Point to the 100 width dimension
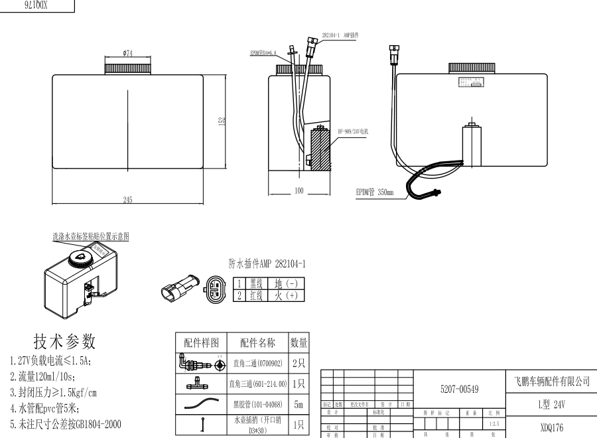coord(298,191)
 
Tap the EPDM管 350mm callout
coord(375,193)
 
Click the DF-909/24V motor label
coord(352,131)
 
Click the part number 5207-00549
coord(460,389)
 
